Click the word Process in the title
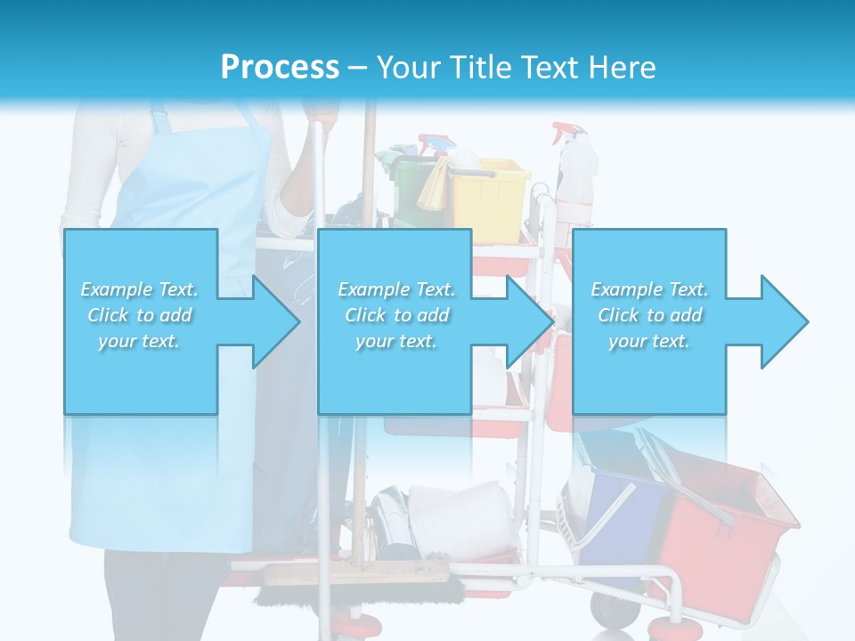[x=280, y=68]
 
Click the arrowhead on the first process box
[x=276, y=321]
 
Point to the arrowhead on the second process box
[x=530, y=321]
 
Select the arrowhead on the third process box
[x=784, y=321]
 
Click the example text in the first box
[x=140, y=315]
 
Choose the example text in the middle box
[x=395, y=315]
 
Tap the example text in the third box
[x=649, y=315]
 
